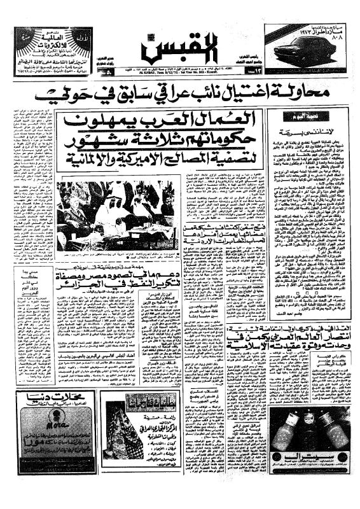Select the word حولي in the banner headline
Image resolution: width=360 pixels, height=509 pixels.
[70, 95]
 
